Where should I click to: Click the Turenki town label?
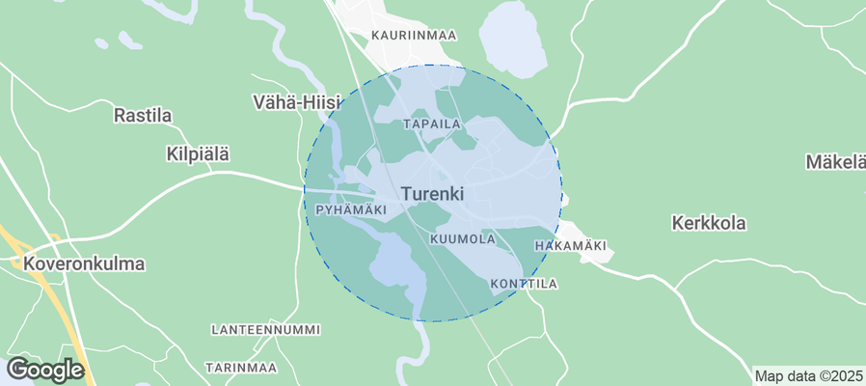pyautogui.click(x=432, y=194)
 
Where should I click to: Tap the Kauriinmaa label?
pyautogui.click(x=414, y=35)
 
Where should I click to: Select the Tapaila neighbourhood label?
pyautogui.click(x=433, y=124)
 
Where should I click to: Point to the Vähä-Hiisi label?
pyautogui.click(x=290, y=100)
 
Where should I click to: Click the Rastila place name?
pyautogui.click(x=143, y=116)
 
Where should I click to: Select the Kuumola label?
pyautogui.click(x=463, y=238)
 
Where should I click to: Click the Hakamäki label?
pyautogui.click(x=570, y=246)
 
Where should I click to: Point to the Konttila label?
pyautogui.click(x=524, y=284)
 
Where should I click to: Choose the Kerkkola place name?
pyautogui.click(x=708, y=223)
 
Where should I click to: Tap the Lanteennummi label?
pyautogui.click(x=265, y=330)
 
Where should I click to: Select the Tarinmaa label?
pyautogui.click(x=241, y=368)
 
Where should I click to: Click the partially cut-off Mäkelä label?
pyautogui.click(x=835, y=161)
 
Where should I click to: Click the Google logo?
pyautogui.click(x=44, y=370)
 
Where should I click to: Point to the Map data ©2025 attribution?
pyautogui.click(x=808, y=375)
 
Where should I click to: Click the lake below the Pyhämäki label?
pyautogui.click(x=396, y=265)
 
